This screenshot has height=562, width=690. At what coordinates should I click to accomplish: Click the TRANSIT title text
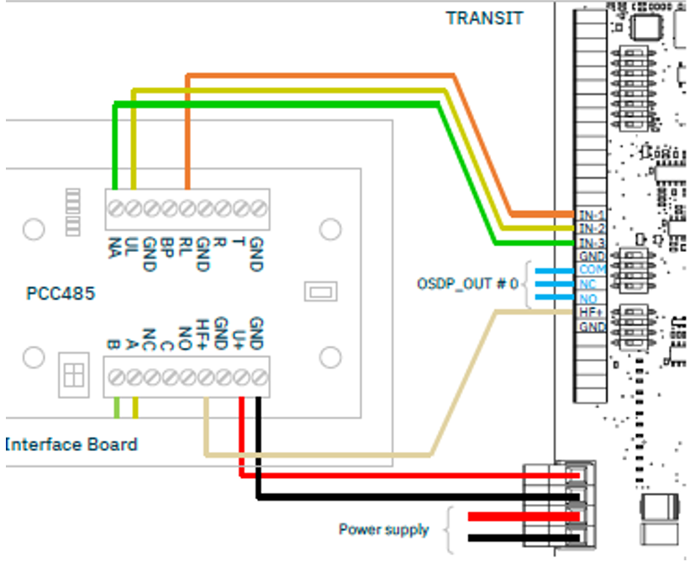pos(485,18)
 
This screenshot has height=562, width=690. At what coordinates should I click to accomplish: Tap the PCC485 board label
pos(61,295)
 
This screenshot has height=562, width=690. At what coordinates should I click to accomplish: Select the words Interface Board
pos(71,444)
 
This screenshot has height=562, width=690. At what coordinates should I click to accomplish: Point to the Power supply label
pos(383,529)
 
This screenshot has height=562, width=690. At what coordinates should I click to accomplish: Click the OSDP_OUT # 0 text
pos(467,284)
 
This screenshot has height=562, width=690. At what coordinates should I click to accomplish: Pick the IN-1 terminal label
pos(592,215)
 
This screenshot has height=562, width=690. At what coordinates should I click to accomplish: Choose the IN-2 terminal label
pos(592,228)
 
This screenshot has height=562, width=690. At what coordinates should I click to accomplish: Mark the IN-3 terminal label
pos(592,242)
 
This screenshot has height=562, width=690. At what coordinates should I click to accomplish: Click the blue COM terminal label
pos(592,270)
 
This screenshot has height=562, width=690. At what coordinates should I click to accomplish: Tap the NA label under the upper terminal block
pos(113,247)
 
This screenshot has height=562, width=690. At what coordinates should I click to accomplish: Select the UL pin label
pos(132,247)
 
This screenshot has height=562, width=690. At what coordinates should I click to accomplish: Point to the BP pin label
pos(167,247)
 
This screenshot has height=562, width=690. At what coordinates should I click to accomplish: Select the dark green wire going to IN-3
pos(277,104)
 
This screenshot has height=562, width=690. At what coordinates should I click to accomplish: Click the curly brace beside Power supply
pos(448,529)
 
